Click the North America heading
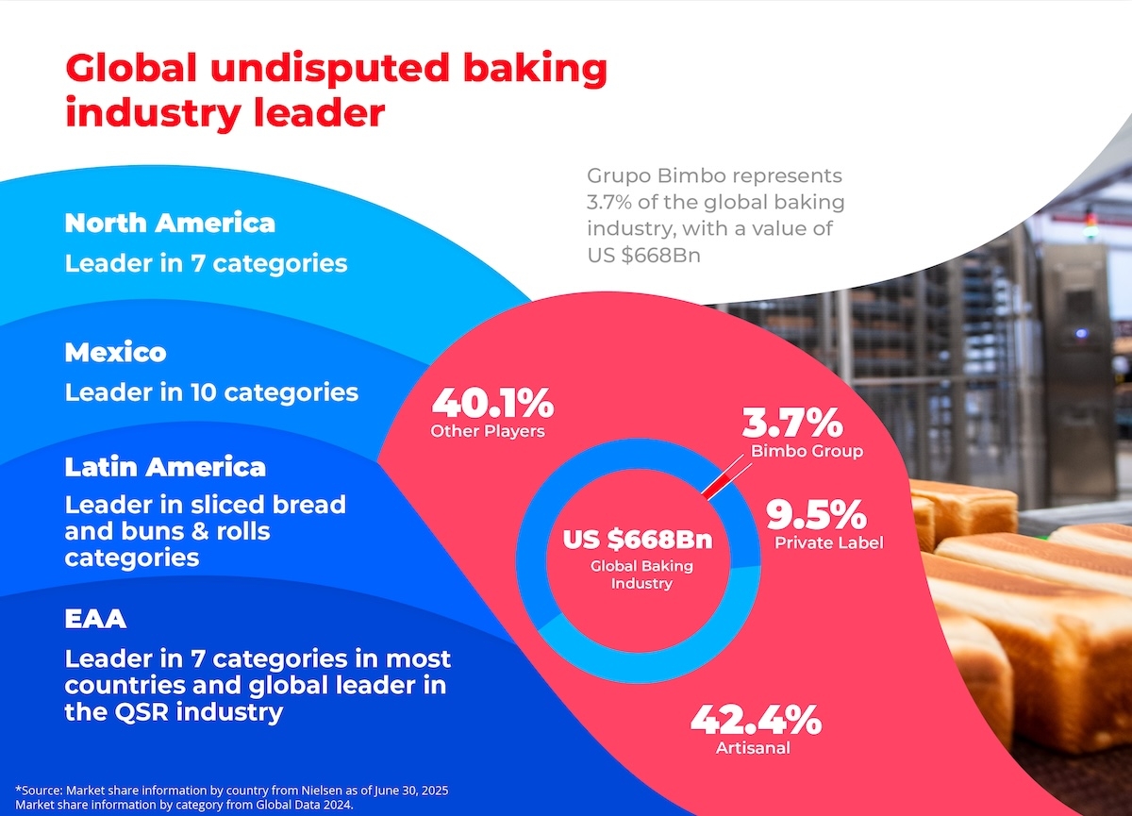[x=170, y=223]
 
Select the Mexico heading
[x=115, y=352]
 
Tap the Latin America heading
[x=165, y=467]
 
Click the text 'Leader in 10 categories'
[x=211, y=391]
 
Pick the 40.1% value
[x=491, y=404]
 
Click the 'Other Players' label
[x=488, y=431]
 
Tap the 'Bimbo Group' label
[x=807, y=451]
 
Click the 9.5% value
[x=815, y=514]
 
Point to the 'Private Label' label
[x=828, y=542]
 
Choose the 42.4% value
[x=755, y=721]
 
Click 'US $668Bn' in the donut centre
[x=638, y=541]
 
